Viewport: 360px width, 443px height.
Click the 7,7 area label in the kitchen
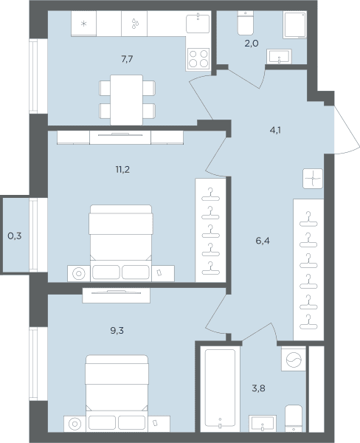(127, 59)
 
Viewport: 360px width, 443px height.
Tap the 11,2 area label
(122, 170)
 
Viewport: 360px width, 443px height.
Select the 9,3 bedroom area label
(117, 331)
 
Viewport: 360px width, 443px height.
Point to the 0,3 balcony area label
(15, 236)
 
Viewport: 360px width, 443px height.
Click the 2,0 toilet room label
(252, 44)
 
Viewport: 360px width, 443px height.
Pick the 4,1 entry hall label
(275, 130)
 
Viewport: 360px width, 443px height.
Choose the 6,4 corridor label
(263, 241)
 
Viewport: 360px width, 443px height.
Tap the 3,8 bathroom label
(259, 388)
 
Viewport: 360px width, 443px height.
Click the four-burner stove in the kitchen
(198, 58)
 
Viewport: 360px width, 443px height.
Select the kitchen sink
(198, 23)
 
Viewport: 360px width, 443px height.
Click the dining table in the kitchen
(126, 100)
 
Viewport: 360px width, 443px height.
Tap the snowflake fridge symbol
(83, 24)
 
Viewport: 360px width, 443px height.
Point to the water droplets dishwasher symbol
(135, 24)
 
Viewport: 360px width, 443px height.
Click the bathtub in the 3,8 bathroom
(220, 388)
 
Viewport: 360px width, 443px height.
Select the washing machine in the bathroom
(294, 359)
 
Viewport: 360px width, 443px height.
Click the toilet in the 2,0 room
(246, 23)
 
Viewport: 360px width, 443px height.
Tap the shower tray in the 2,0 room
(295, 24)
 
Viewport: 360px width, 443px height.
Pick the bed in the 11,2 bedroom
(121, 243)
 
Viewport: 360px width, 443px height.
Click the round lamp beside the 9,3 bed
(75, 424)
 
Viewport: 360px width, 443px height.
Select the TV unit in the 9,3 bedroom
(116, 295)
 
